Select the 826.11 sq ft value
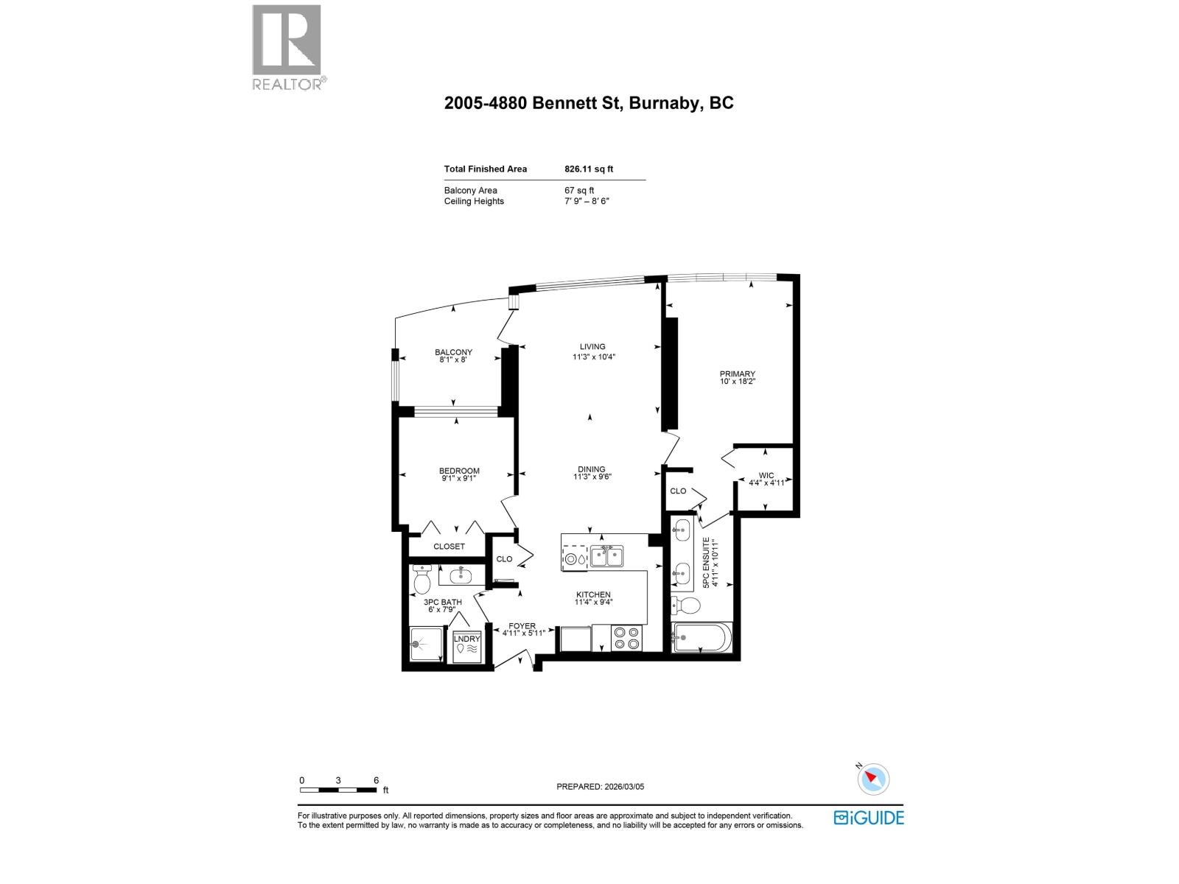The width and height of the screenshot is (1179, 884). coord(589,169)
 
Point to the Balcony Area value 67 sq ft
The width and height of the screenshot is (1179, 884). coord(579,190)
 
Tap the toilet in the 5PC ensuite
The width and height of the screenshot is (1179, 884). coord(687,606)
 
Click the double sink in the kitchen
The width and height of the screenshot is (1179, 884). coord(606,557)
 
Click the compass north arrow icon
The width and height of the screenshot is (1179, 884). coord(873,779)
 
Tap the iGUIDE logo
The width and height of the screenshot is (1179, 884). coord(869,818)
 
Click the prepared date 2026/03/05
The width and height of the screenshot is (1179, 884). coord(600,786)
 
